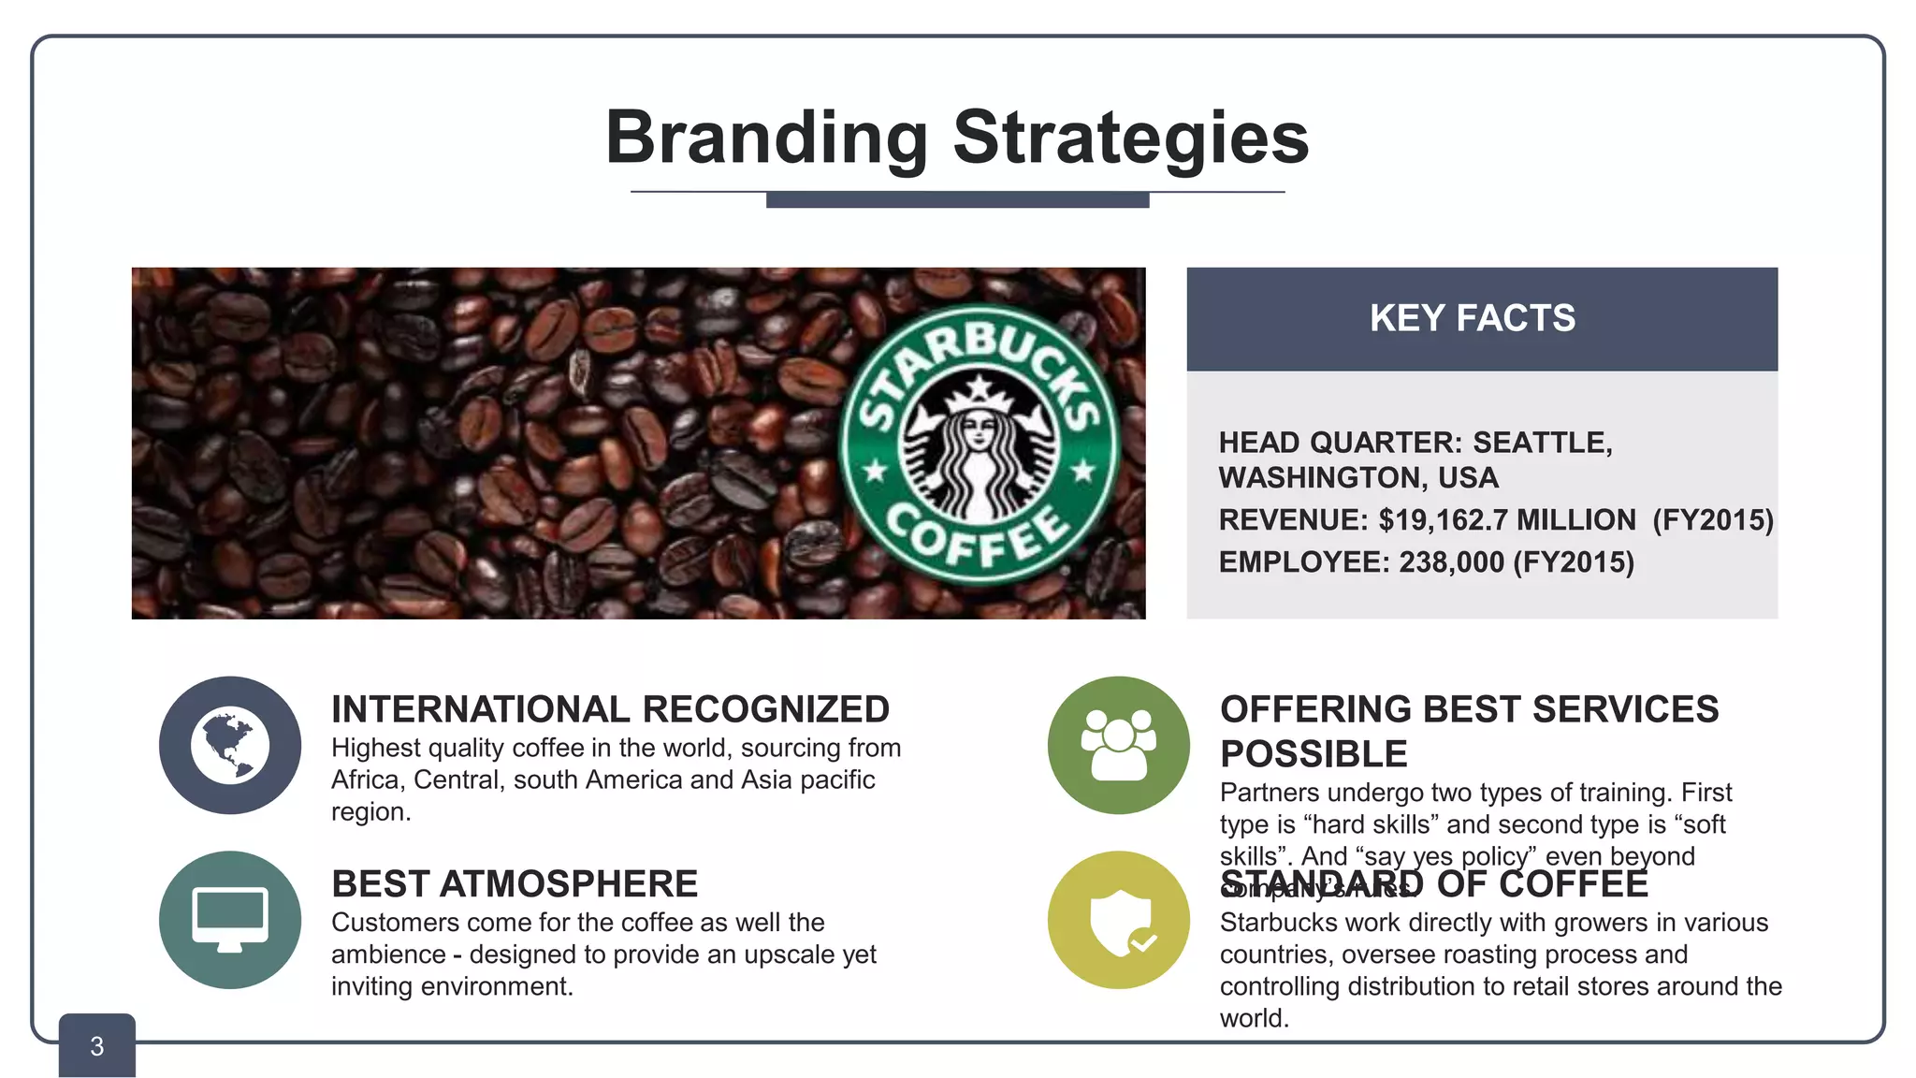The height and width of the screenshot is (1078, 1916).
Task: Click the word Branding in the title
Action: (x=766, y=138)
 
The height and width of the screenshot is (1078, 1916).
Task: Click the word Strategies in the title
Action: (x=1130, y=138)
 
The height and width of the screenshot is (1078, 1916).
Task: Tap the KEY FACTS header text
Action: (x=1473, y=318)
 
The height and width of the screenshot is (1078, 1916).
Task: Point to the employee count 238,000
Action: (x=1451, y=562)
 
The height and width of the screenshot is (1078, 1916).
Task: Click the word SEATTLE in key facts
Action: (x=1542, y=443)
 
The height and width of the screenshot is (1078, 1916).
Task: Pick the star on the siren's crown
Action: (x=979, y=386)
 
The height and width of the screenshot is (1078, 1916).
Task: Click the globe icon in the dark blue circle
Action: (x=230, y=746)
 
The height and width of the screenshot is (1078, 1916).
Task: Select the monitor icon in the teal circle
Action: (x=230, y=918)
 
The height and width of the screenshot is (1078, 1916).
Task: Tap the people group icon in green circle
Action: (x=1119, y=746)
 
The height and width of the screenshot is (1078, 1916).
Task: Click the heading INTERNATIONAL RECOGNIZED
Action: (x=610, y=709)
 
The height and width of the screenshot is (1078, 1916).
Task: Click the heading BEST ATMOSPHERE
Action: (x=515, y=884)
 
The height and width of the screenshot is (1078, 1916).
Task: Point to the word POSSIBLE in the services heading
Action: (x=1314, y=754)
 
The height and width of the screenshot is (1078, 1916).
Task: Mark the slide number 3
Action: (x=97, y=1046)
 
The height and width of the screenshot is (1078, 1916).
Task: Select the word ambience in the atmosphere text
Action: (x=388, y=954)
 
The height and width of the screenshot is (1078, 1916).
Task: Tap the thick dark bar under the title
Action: (x=957, y=199)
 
